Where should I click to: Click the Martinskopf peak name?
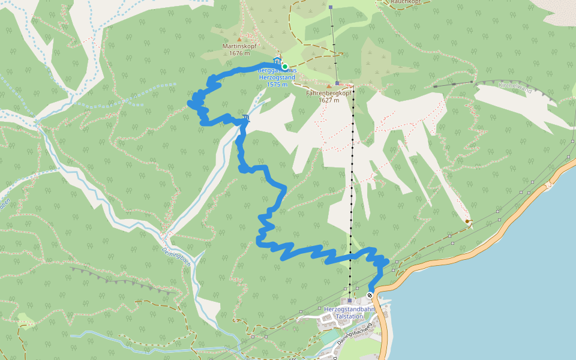point(239,46)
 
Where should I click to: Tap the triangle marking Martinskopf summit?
point(239,40)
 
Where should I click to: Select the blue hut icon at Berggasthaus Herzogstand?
point(277,61)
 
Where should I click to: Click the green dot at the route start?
point(285,67)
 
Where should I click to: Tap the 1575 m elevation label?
point(277,84)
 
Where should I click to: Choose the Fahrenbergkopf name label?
point(328,93)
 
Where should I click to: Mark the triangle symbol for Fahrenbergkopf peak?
point(328,86)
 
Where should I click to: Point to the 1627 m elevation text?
point(328,100)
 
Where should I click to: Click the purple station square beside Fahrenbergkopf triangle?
point(338,83)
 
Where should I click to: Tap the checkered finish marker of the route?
point(370,295)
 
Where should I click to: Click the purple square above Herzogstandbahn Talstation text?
point(349,301)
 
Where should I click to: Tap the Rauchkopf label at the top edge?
point(406,2)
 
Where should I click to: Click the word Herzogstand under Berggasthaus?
point(277,77)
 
